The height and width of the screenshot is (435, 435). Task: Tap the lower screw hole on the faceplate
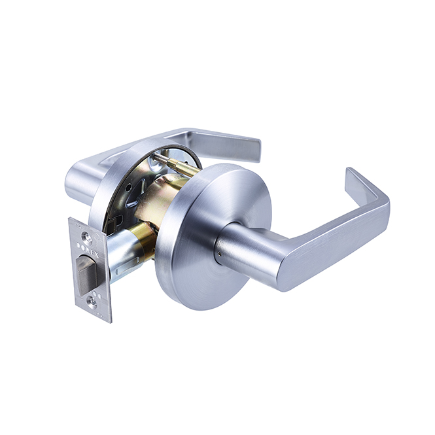92,302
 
